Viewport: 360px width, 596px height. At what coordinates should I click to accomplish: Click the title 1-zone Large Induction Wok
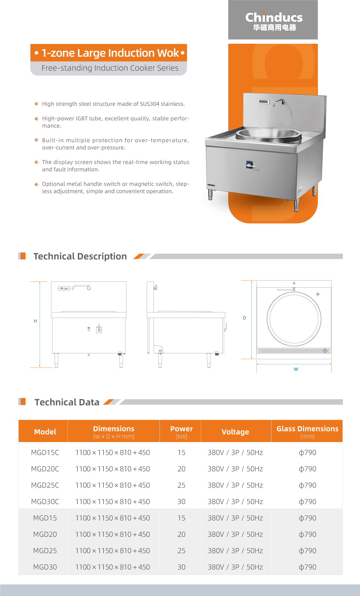coord(110,53)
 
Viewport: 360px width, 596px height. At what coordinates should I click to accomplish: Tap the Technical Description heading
coord(80,256)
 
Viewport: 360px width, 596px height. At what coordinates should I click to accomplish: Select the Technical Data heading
coord(67,402)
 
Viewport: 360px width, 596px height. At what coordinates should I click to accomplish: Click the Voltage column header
coord(235,432)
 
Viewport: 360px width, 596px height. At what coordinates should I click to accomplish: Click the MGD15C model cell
coord(45,453)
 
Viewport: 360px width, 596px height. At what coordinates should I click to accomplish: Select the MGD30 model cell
coord(45,567)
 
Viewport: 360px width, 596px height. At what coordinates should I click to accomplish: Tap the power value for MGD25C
coord(181,485)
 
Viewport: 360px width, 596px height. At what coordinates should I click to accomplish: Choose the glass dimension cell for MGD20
coord(307,534)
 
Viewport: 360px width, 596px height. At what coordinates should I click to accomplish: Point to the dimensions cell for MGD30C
coord(112,502)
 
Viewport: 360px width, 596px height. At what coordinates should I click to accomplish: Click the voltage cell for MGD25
coord(235,551)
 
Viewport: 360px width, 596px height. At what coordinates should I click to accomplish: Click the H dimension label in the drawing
coord(35,321)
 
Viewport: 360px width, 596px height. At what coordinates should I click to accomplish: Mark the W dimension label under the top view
coord(296,369)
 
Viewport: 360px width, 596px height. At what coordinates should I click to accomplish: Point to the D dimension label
coord(244,318)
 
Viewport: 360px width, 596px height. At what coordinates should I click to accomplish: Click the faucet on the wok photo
coord(279,102)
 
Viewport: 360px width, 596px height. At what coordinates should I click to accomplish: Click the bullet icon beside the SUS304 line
coord(37,104)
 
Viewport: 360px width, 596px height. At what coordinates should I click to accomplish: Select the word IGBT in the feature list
coord(82,119)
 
